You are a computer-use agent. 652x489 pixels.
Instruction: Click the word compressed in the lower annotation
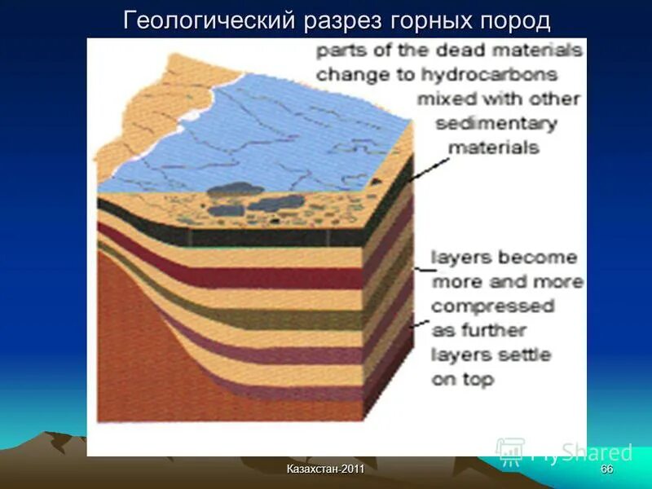coord(492,306)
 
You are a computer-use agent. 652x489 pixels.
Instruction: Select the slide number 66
coord(606,471)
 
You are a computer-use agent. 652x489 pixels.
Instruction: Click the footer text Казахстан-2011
coord(325,471)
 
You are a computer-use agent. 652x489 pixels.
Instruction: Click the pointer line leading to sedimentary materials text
coord(428,167)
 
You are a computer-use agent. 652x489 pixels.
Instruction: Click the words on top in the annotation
coord(462,379)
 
